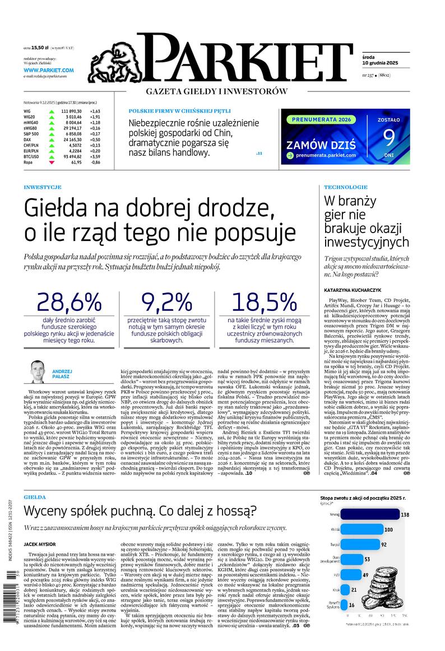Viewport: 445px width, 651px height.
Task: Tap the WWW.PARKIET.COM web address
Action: [x=49, y=70]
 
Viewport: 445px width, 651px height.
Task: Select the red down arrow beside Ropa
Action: [x=52, y=162]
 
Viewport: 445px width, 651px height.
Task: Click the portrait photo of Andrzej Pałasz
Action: [x=38, y=372]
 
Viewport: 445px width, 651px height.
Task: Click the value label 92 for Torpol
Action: [x=384, y=544]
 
